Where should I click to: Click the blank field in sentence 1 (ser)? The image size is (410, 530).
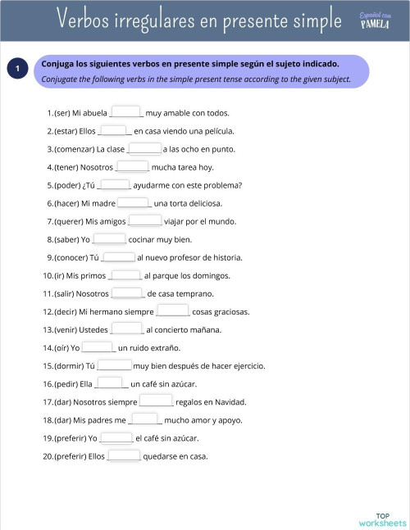[126, 112]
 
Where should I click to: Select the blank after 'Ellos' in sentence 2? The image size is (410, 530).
[115, 130]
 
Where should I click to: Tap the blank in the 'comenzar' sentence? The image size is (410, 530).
[144, 148]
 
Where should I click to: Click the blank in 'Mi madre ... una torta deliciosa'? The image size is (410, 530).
[134, 202]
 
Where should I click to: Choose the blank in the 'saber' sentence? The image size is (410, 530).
[109, 239]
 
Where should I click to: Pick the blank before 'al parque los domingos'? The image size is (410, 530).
[125, 275]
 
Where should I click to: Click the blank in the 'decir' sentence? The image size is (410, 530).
[173, 311]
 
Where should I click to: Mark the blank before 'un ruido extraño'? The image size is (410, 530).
[98, 347]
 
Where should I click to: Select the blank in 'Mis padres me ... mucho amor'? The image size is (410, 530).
[145, 419]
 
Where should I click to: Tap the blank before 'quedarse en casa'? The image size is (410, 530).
[124, 455]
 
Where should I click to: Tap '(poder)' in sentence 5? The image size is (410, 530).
[68, 185]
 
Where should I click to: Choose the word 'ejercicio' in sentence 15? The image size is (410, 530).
[248, 365]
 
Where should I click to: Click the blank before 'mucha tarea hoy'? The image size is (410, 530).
[132, 166]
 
